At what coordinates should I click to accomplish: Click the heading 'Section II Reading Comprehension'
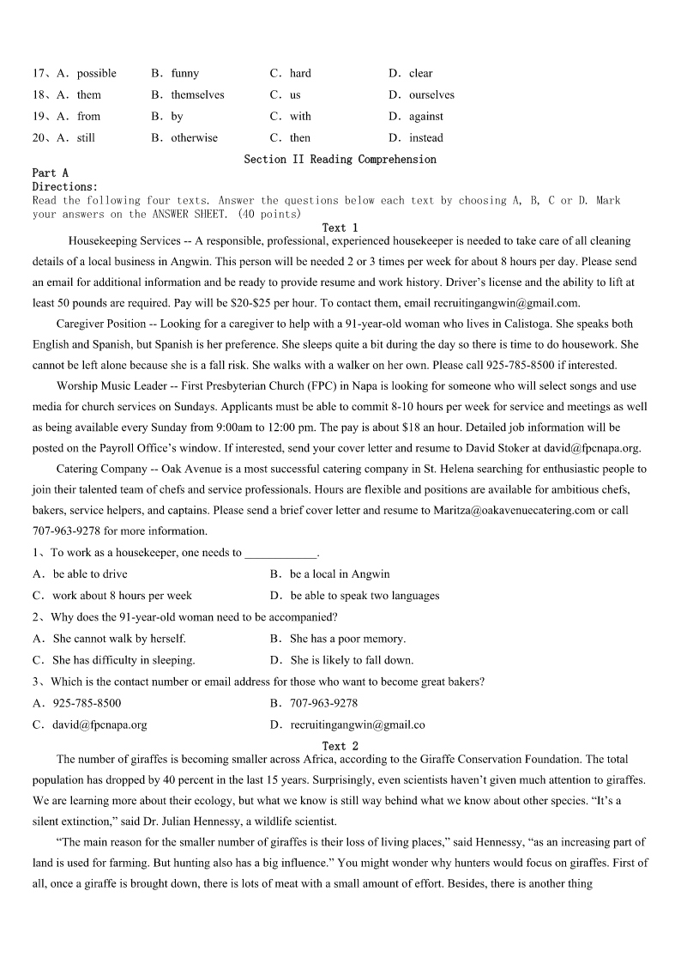(x=340, y=159)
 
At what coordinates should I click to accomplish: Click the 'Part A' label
(x=50, y=173)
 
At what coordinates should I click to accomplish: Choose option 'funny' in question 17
(x=184, y=73)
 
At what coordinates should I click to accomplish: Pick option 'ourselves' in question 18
(x=431, y=94)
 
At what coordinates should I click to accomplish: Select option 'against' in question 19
(x=426, y=116)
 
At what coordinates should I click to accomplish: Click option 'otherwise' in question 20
(x=194, y=137)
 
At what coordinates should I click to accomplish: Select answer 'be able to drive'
(x=90, y=573)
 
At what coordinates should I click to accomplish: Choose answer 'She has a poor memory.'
(x=347, y=639)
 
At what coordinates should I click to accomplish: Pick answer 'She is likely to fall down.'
(x=352, y=660)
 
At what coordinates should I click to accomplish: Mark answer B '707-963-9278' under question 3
(x=323, y=702)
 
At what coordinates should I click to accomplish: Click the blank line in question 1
(x=280, y=553)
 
